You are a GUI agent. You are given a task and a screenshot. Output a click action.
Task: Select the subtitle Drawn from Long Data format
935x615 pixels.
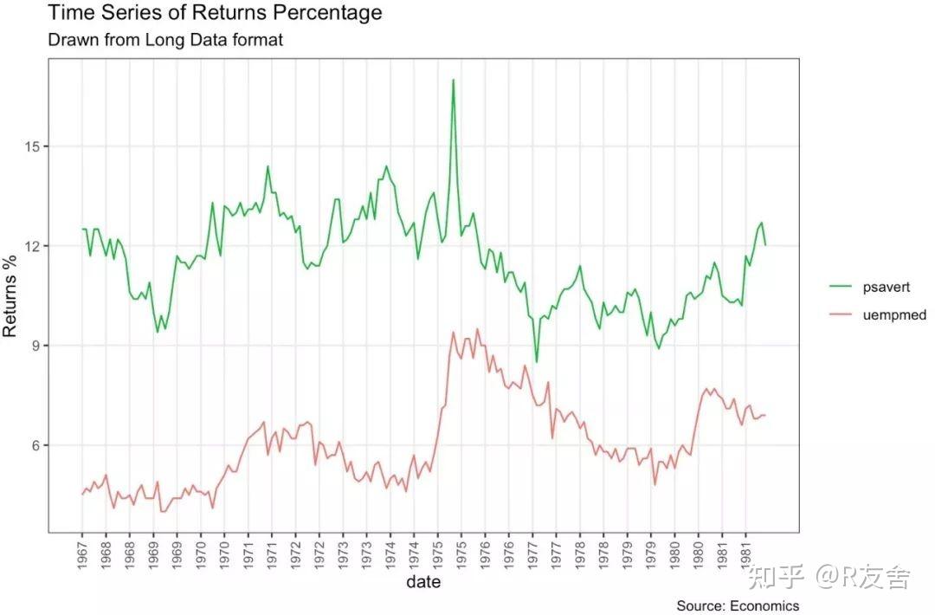click(x=165, y=40)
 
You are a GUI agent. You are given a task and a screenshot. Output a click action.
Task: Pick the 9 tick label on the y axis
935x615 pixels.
click(x=35, y=346)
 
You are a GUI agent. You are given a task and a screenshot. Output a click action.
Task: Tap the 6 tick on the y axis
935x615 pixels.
click(x=35, y=445)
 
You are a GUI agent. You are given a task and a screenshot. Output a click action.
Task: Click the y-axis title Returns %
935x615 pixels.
click(x=10, y=295)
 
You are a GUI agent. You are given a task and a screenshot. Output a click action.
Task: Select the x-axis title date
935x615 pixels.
click(x=423, y=582)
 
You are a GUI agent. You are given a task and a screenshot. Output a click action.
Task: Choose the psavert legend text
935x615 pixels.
click(x=886, y=287)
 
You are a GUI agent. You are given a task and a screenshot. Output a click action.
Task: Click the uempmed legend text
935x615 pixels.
click(x=894, y=315)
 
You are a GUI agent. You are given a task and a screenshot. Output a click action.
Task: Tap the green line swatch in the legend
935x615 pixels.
click(x=841, y=287)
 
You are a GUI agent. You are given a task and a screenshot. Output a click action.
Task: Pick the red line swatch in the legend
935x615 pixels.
click(x=841, y=315)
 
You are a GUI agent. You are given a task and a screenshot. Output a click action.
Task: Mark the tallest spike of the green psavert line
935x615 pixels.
click(x=453, y=80)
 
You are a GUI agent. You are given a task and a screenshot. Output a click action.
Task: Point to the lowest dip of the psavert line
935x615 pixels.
click(x=537, y=362)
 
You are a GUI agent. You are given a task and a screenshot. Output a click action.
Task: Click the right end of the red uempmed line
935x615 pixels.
click(x=765, y=415)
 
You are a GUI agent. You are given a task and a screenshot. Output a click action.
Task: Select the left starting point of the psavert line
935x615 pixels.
click(x=82, y=230)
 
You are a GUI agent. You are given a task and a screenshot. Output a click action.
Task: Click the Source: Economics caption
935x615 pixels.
click(x=738, y=605)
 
